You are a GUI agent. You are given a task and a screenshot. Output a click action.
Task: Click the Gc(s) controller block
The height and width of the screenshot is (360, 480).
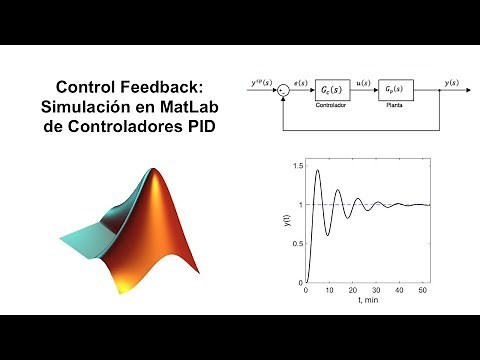coord(331,89)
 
